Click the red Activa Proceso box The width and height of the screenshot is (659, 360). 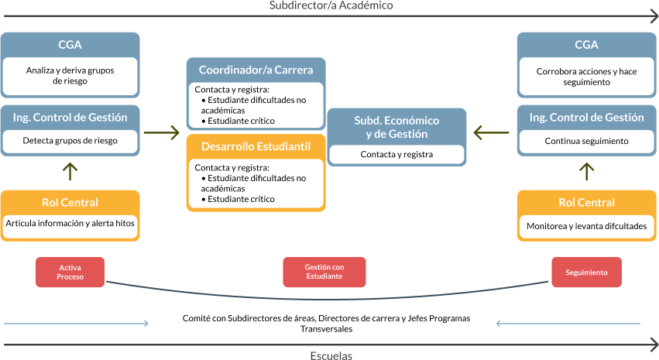click(70, 272)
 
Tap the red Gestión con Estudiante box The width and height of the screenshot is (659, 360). click(324, 272)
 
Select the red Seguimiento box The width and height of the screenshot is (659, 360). click(586, 273)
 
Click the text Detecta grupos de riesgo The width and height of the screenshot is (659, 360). click(70, 141)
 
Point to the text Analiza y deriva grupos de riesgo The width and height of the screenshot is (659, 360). click(70, 75)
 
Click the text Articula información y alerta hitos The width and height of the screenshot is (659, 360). click(70, 223)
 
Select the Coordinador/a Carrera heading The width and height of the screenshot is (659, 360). click(256, 70)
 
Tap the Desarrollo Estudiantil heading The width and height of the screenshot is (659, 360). click(256, 146)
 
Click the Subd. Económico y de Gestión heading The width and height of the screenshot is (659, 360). click(396, 127)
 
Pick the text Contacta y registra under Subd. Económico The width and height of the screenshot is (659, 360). click(396, 154)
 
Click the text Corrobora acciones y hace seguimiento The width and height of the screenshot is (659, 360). click(586, 76)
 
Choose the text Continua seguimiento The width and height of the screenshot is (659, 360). click(586, 141)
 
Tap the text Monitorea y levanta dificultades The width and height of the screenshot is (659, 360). click(586, 226)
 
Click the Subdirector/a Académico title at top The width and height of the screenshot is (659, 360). click(331, 5)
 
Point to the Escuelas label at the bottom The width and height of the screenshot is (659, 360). click(331, 355)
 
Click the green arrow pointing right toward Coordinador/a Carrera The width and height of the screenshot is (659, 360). click(162, 133)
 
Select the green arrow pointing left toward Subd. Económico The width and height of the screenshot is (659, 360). click(491, 133)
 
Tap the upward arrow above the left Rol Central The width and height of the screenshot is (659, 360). click(70, 171)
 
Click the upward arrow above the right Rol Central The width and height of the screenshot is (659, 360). click(587, 171)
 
